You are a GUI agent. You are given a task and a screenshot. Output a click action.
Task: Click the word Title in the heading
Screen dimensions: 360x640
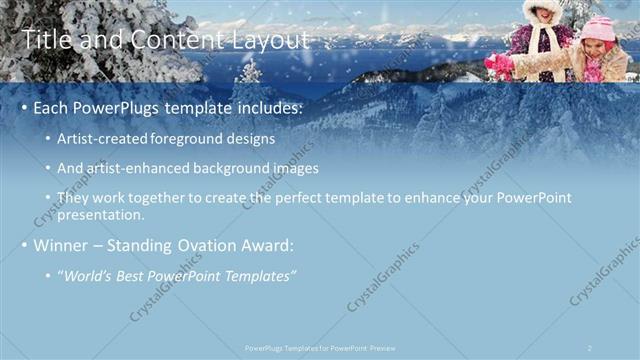point(45,40)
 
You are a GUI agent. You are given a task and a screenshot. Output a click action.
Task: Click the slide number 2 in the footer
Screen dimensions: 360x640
point(589,348)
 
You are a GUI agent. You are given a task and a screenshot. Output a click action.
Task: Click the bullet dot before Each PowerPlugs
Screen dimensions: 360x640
point(23,108)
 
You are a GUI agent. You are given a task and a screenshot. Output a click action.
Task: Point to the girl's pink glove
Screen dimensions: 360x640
point(497,62)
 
